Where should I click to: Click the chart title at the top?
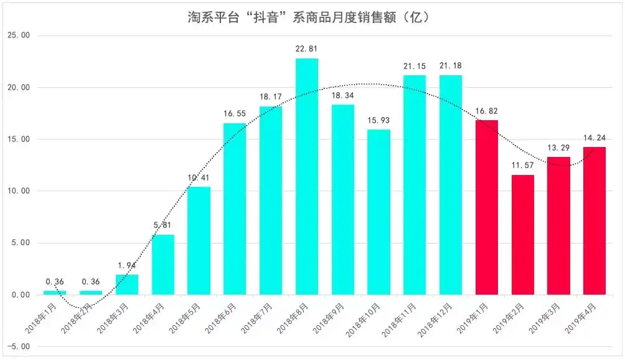click(x=309, y=17)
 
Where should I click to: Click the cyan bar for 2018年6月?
click(x=235, y=209)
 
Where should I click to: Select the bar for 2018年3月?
click(x=126, y=285)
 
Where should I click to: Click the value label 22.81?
click(x=306, y=47)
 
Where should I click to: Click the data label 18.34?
click(x=342, y=94)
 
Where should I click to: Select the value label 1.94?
click(x=126, y=265)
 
